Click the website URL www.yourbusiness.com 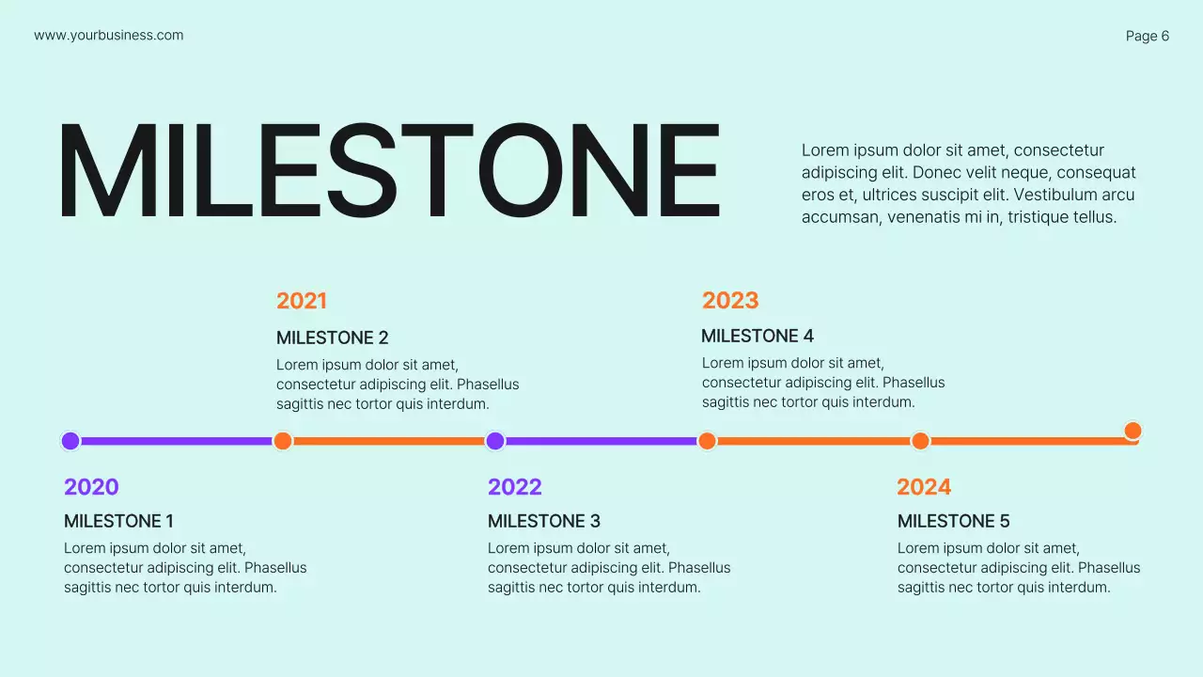[109, 36]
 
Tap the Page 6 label [1148, 36]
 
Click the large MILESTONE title [388, 172]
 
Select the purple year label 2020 [91, 487]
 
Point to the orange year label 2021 [302, 301]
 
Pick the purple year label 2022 [515, 487]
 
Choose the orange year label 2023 [730, 300]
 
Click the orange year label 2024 [924, 487]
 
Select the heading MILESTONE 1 [118, 521]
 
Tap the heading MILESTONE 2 [332, 338]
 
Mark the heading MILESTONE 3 [543, 521]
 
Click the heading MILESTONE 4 [758, 336]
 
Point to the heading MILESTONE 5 [953, 521]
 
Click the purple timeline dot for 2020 [70, 441]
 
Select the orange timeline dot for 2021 [283, 441]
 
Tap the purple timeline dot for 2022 [495, 441]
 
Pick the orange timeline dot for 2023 [708, 441]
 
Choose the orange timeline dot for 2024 [920, 441]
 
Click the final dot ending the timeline [1133, 431]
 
